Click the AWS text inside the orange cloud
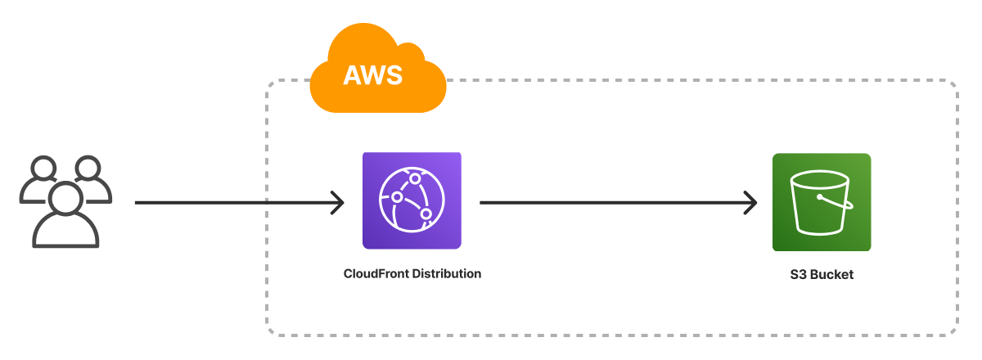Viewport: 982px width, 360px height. click(372, 75)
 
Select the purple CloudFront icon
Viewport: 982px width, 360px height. click(412, 200)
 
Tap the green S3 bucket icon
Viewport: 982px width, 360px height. click(821, 202)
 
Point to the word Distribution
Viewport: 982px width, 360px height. click(448, 273)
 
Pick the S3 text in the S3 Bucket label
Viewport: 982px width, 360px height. click(789, 275)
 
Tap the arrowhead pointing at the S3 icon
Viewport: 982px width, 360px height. click(749, 202)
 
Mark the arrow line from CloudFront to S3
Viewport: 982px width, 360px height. click(614, 202)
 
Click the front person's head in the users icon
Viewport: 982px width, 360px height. click(65, 197)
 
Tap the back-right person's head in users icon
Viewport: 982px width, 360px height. click(88, 168)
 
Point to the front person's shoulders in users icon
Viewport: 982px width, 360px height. click(65, 232)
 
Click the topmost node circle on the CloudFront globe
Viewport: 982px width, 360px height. click(416, 178)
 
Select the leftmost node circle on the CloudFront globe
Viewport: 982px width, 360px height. click(397, 197)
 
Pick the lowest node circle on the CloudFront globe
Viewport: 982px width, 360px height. click(426, 214)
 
